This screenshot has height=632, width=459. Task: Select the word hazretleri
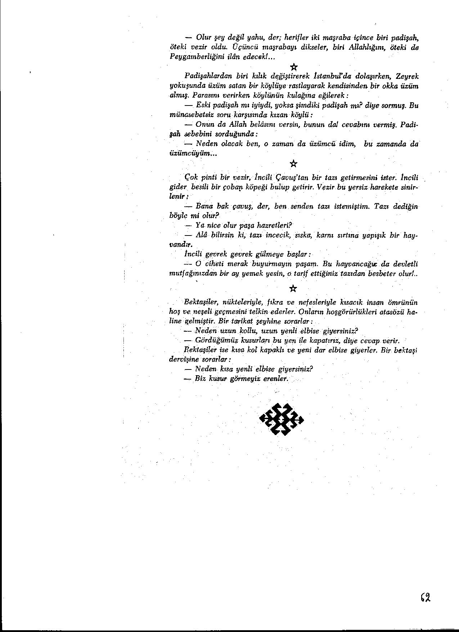coord(270,225)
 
